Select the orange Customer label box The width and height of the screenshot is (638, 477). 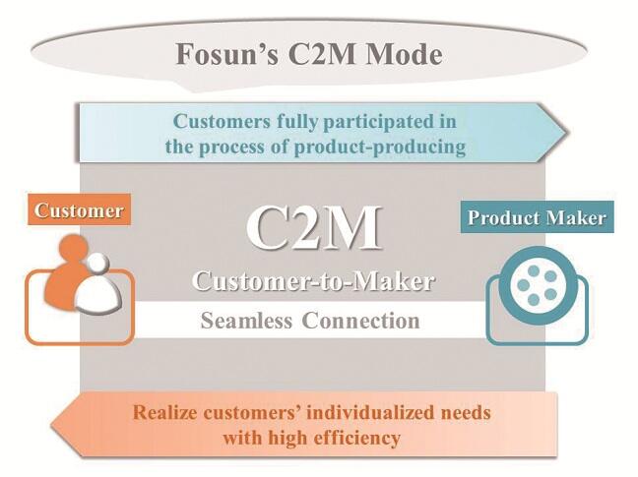click(79, 210)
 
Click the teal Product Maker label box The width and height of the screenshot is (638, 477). click(537, 216)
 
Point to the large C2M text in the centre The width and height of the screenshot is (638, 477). click(313, 227)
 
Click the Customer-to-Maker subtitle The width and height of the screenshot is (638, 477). click(313, 280)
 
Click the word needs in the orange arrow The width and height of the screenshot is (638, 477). click(464, 411)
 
